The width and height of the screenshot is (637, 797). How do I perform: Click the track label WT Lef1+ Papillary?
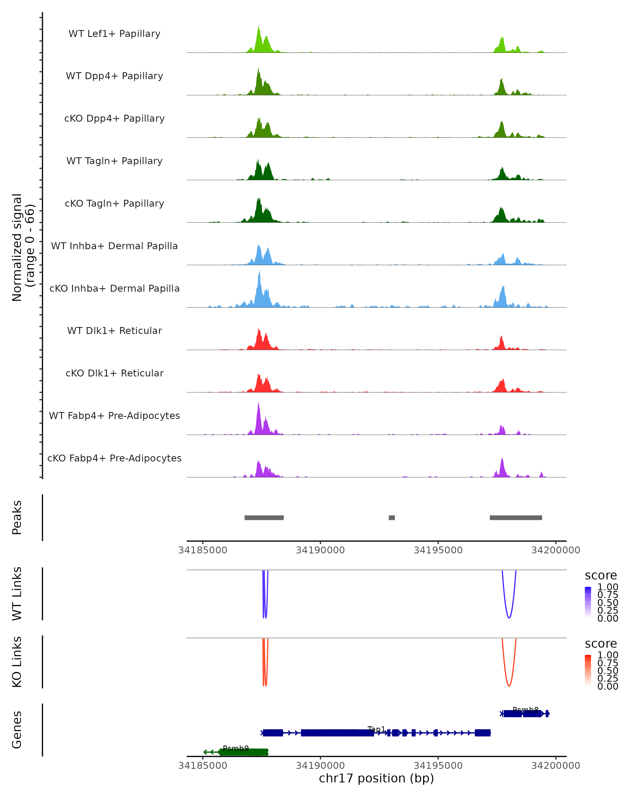coord(114,34)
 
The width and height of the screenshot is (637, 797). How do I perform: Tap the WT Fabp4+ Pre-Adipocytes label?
coord(114,416)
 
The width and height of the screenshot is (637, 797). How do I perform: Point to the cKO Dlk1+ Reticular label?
coord(114,373)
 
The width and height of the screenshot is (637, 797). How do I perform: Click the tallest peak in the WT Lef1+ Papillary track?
coord(259,27)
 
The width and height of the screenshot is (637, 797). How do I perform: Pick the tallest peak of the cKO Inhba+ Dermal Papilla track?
coord(260,272)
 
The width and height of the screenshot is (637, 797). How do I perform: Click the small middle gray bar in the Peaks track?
coord(392,518)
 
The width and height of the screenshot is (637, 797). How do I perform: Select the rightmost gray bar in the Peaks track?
coord(516,518)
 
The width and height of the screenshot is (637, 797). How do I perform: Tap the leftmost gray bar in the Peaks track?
coord(264,518)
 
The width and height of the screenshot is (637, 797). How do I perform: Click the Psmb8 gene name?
coord(526,710)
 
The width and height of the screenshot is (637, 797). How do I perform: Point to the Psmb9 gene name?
coord(236,749)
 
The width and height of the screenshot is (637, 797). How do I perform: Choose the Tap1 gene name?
coord(377,729)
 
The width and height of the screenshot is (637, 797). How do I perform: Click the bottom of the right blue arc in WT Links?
coord(509,618)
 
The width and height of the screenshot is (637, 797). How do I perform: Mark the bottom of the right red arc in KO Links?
coord(509,686)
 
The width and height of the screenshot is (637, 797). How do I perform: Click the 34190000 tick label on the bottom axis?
coord(320,766)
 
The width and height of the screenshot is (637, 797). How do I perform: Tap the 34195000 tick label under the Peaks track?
coord(438,550)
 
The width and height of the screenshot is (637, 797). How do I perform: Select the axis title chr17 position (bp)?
coord(376,778)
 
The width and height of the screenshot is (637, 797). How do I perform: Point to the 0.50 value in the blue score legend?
coord(608,603)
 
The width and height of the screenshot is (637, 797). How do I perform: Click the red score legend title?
coord(601,644)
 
